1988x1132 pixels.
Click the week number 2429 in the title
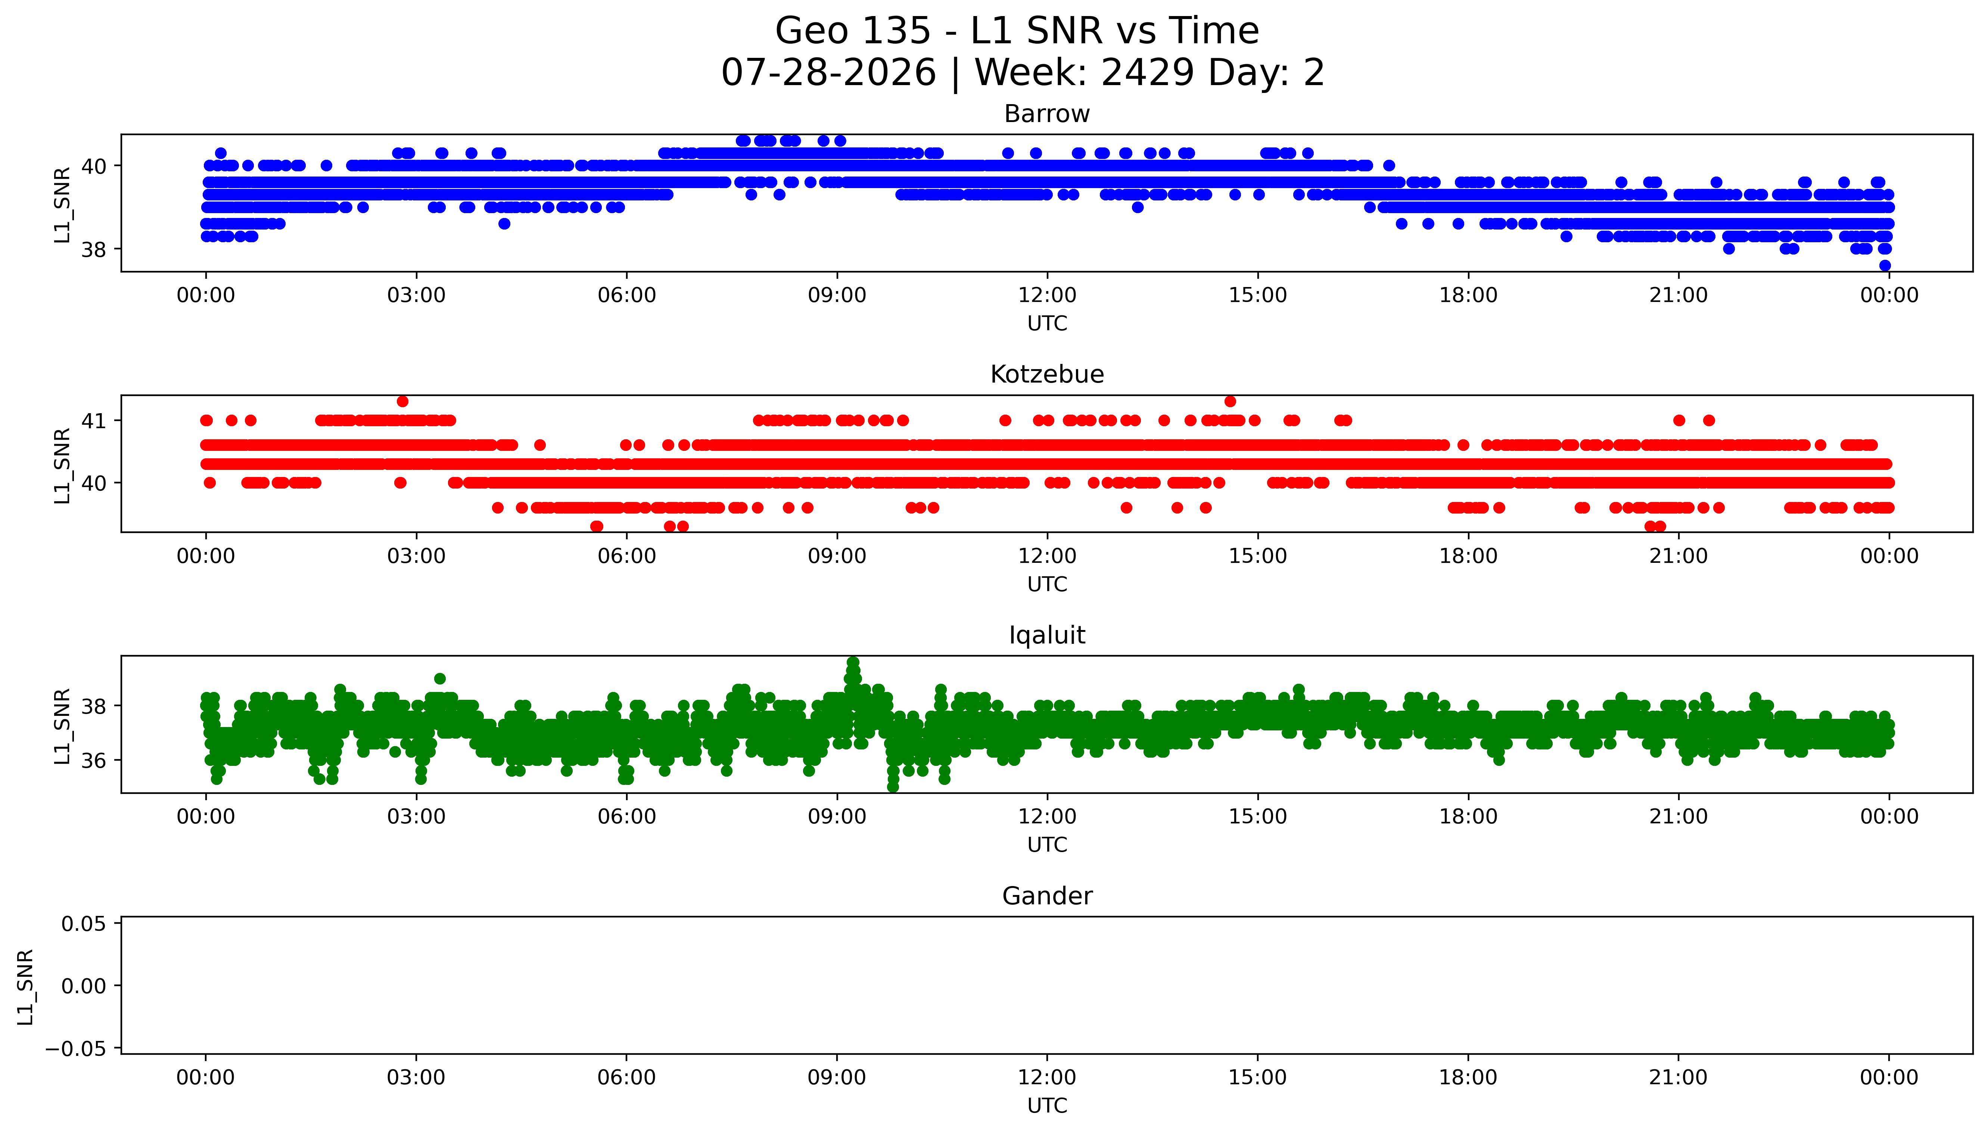coord(1148,73)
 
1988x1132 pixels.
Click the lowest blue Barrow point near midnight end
coord(1885,265)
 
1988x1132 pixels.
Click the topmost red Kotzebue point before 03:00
coord(402,401)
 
